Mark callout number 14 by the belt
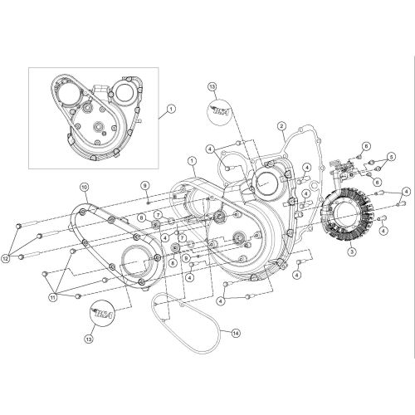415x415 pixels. [x=235, y=333]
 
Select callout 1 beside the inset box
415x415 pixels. [x=172, y=109]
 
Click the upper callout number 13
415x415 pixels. [x=212, y=85]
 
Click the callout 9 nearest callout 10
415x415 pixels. [x=144, y=184]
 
